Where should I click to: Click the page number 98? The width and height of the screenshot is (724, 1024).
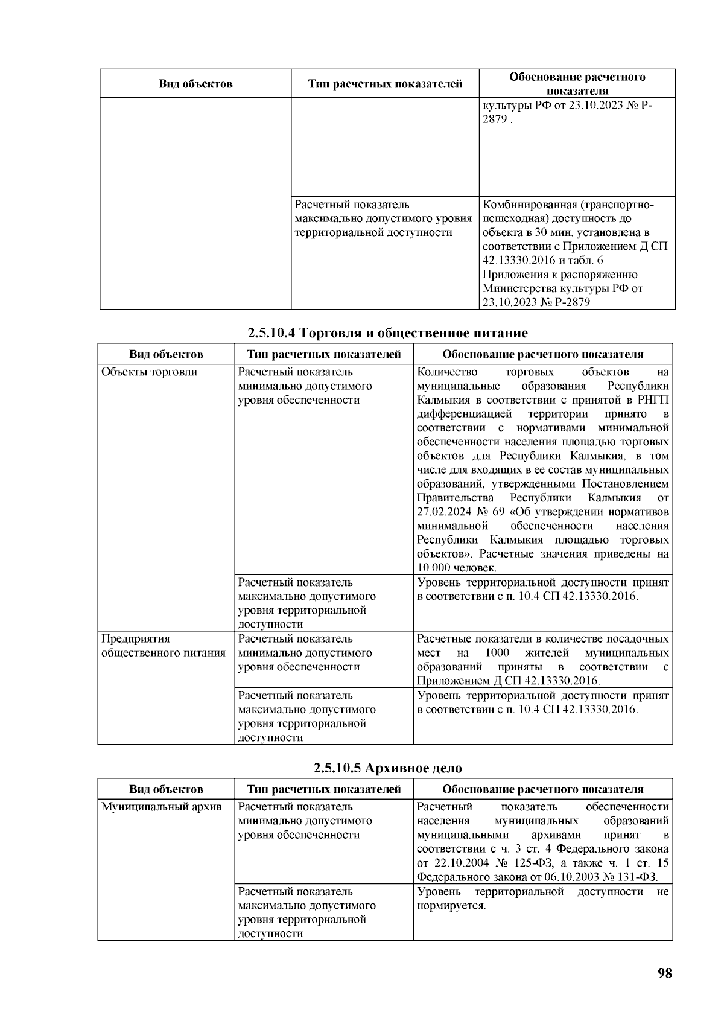pyautogui.click(x=664, y=973)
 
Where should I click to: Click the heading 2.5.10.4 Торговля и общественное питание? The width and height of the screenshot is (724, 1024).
pyautogui.click(x=388, y=332)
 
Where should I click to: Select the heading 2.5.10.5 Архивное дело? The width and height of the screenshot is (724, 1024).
pyautogui.click(x=388, y=768)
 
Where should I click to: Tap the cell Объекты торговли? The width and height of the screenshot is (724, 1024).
pyautogui.click(x=149, y=372)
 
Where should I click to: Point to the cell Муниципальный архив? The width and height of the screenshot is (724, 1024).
pyautogui.click(x=161, y=807)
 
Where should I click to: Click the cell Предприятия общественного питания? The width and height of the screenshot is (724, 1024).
pyautogui.click(x=163, y=646)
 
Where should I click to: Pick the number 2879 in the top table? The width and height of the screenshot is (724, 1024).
pyautogui.click(x=494, y=119)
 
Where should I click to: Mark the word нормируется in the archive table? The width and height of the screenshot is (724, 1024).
pyautogui.click(x=451, y=906)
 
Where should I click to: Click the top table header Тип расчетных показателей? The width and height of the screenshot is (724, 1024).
pyautogui.click(x=385, y=84)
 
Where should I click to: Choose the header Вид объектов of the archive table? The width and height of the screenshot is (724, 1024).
pyautogui.click(x=166, y=789)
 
